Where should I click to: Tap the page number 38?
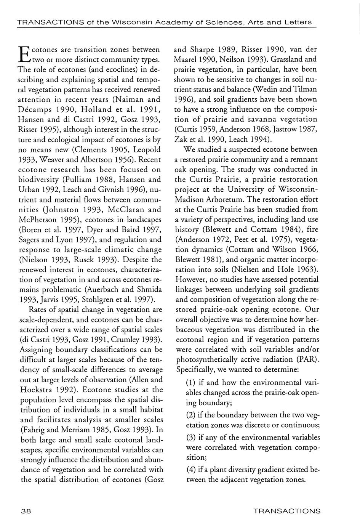(26, 511)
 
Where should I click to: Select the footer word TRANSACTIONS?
(287, 511)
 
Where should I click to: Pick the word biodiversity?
(41, 180)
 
